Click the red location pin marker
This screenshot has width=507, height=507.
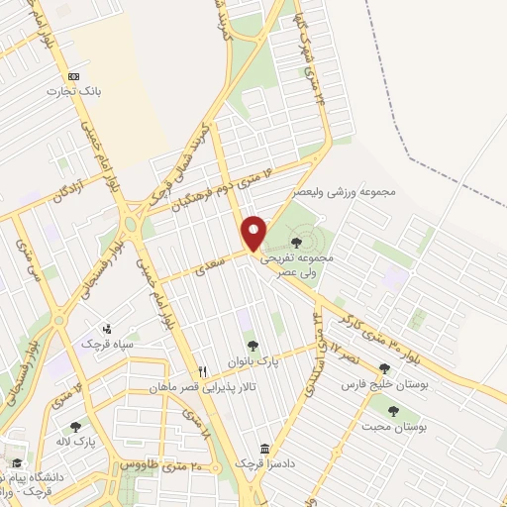(254, 233)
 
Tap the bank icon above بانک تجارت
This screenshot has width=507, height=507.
(73, 76)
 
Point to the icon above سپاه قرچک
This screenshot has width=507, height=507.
(107, 328)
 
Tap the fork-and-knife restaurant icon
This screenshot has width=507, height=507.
(202, 371)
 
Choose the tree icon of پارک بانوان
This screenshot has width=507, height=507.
(253, 346)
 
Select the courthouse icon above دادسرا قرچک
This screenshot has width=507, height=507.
(263, 448)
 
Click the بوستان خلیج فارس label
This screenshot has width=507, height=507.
(382, 384)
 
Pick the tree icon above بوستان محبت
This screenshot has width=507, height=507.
(393, 411)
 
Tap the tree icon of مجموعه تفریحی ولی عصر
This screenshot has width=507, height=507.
(296, 242)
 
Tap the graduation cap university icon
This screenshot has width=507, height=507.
(17, 462)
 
